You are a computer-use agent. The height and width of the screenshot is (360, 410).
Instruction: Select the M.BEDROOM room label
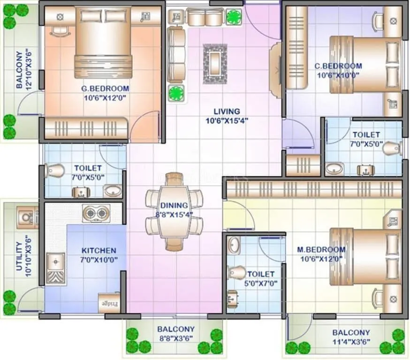tap(321, 249)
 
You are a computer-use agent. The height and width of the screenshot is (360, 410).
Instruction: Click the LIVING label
tap(227, 112)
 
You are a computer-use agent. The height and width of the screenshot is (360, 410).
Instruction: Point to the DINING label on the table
tap(174, 205)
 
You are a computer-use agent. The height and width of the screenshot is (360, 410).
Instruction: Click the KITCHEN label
tap(99, 251)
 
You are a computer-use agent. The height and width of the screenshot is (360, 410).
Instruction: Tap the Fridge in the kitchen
tap(109, 302)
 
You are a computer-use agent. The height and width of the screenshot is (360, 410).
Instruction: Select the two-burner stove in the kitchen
tap(96, 213)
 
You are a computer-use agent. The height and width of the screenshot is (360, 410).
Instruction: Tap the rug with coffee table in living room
tap(215, 63)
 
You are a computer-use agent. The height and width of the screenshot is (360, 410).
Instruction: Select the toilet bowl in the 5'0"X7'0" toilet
tap(237, 272)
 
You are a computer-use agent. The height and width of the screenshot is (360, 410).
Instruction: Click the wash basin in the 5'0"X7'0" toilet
tap(235, 245)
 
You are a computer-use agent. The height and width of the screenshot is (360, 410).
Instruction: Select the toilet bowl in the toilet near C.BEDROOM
tap(391, 149)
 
